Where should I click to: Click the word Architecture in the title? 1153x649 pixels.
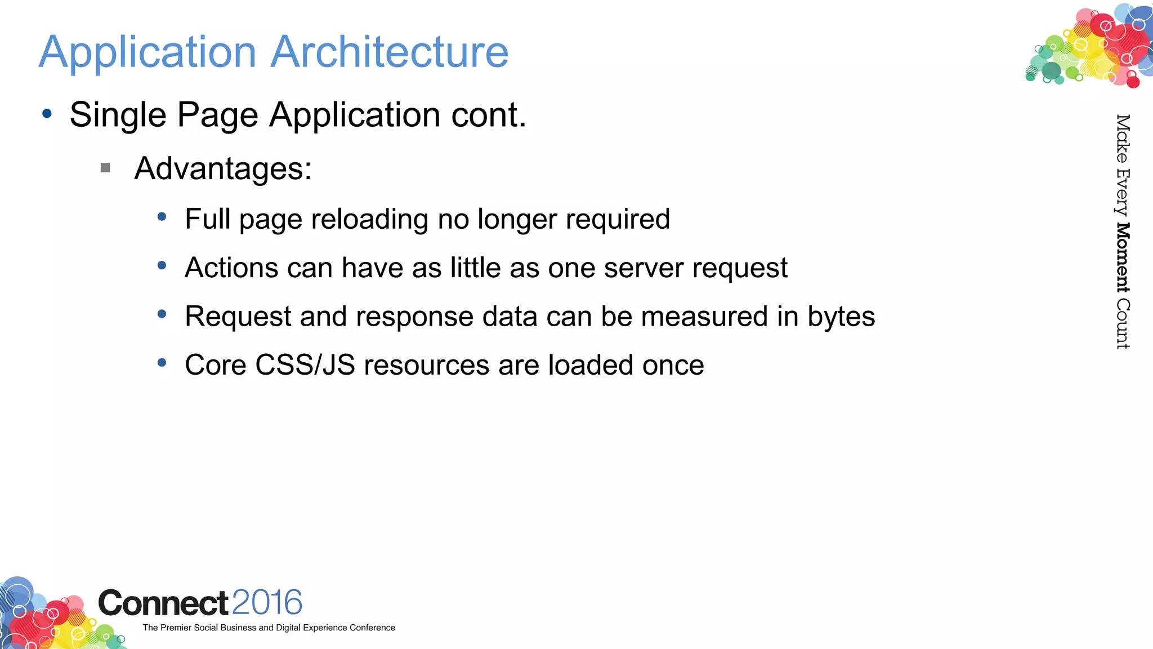(x=390, y=52)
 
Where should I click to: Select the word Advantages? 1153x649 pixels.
(x=223, y=168)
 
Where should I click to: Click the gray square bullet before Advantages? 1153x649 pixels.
(x=105, y=167)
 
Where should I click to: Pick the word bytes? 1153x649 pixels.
(x=841, y=317)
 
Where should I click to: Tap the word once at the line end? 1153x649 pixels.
(x=673, y=365)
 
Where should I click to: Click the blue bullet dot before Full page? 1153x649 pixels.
(x=162, y=216)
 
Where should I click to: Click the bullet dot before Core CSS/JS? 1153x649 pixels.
(x=162, y=363)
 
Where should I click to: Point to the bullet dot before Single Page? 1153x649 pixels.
(x=47, y=114)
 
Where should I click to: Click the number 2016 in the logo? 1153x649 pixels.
(x=267, y=603)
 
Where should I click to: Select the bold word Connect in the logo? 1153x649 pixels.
(x=163, y=603)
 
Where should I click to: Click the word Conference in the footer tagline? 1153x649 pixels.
(x=372, y=628)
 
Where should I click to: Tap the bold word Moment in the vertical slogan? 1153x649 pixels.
(x=1123, y=257)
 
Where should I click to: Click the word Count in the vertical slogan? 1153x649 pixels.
(x=1123, y=323)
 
